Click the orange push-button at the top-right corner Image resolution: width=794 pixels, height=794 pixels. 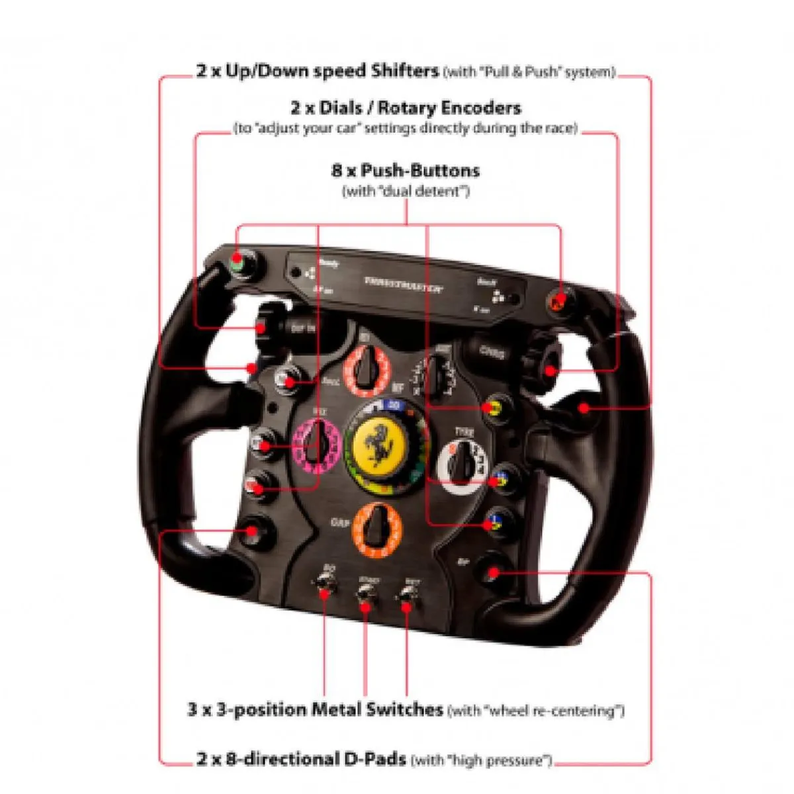(x=558, y=302)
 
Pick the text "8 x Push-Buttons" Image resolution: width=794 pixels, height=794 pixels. (x=405, y=171)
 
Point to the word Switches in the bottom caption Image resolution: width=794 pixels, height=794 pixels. (x=405, y=710)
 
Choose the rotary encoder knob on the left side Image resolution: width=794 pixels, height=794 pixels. (x=265, y=324)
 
